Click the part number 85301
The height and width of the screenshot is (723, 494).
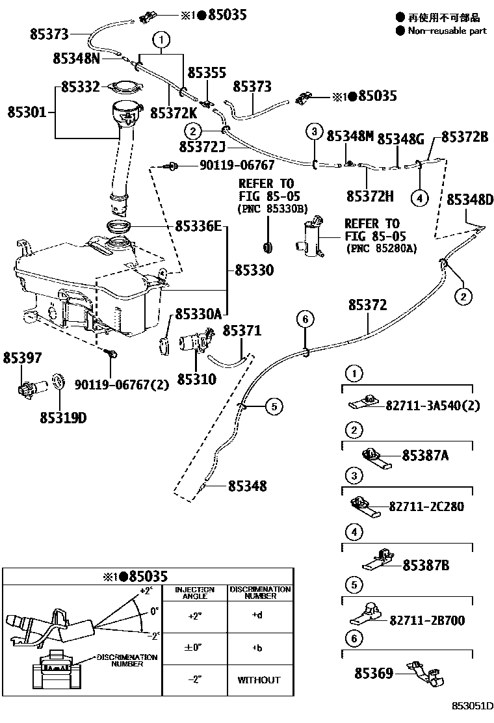point(27,112)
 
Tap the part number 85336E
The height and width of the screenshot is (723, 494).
point(198,226)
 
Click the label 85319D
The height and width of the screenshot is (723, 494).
point(62,417)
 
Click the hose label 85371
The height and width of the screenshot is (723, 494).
point(242,331)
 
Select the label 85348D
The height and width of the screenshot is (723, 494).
point(470,199)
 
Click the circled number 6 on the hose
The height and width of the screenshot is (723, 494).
point(305,319)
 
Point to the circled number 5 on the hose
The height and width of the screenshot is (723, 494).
point(274,406)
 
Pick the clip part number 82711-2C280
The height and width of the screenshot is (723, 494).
point(426,506)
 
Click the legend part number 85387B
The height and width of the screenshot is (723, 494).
point(426,566)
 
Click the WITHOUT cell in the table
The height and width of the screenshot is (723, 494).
point(259,680)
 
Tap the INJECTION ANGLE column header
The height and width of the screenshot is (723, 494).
point(194,593)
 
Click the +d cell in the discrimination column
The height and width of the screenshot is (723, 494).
point(259,615)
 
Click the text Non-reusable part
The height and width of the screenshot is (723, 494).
point(447,31)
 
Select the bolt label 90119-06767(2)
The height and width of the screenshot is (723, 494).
point(112,384)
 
